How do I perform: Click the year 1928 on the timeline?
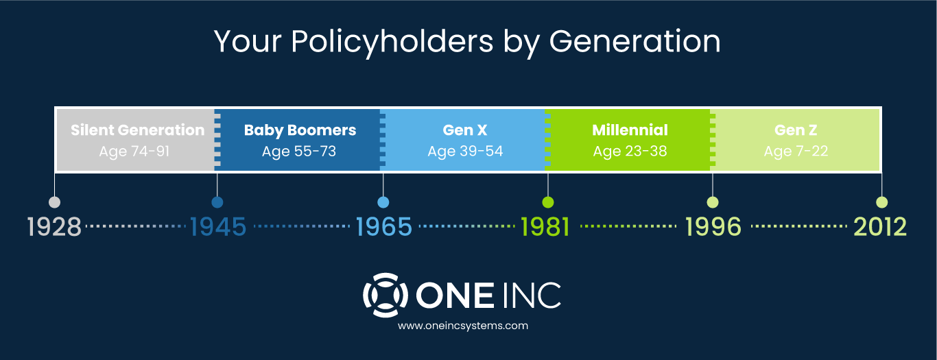click(54, 227)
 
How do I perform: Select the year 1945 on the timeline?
click(217, 227)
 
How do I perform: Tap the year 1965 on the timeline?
click(383, 227)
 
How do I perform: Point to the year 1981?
click(545, 227)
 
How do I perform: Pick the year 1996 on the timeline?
click(713, 227)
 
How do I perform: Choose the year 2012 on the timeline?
click(880, 227)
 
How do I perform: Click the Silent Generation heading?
click(137, 130)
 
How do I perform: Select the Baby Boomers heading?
click(300, 130)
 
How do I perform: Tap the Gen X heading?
click(465, 130)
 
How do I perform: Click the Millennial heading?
click(630, 130)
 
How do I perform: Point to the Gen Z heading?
click(796, 130)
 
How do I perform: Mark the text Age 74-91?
click(134, 152)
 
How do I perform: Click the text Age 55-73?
click(299, 152)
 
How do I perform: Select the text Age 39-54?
click(465, 152)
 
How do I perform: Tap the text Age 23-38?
click(630, 152)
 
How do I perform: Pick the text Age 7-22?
click(796, 152)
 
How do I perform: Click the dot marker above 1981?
click(548, 202)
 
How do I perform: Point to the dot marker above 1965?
click(383, 202)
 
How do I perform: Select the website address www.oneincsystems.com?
click(463, 326)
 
